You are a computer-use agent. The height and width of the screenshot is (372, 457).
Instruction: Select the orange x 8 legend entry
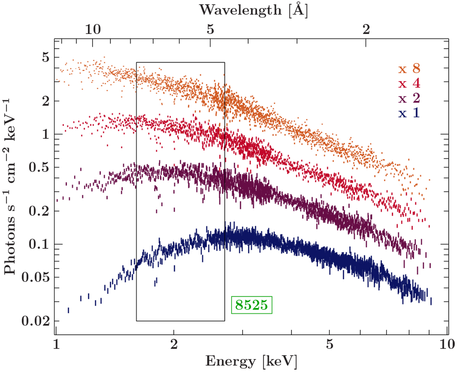point(409,69)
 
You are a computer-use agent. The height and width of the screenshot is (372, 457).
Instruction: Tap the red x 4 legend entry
point(409,84)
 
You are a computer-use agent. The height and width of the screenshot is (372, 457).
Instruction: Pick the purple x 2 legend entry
point(409,98)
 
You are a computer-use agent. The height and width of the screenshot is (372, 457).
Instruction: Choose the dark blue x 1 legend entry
point(409,113)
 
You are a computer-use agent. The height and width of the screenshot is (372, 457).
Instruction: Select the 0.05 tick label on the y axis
point(36,277)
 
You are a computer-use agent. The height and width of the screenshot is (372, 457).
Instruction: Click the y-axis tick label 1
point(45,134)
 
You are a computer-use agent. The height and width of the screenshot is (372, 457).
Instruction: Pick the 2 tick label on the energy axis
point(174,344)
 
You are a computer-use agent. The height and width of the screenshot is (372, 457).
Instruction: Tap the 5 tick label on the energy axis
point(329,344)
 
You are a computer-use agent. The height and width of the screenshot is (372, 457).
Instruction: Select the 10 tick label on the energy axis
point(447,344)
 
